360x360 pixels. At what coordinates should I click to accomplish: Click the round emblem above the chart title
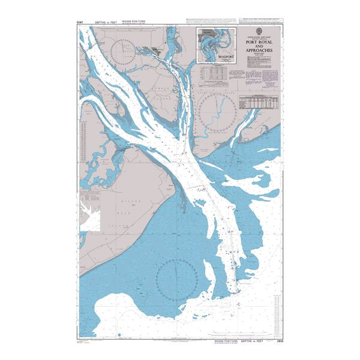259,29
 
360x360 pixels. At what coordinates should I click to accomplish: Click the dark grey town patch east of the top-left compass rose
157,51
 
